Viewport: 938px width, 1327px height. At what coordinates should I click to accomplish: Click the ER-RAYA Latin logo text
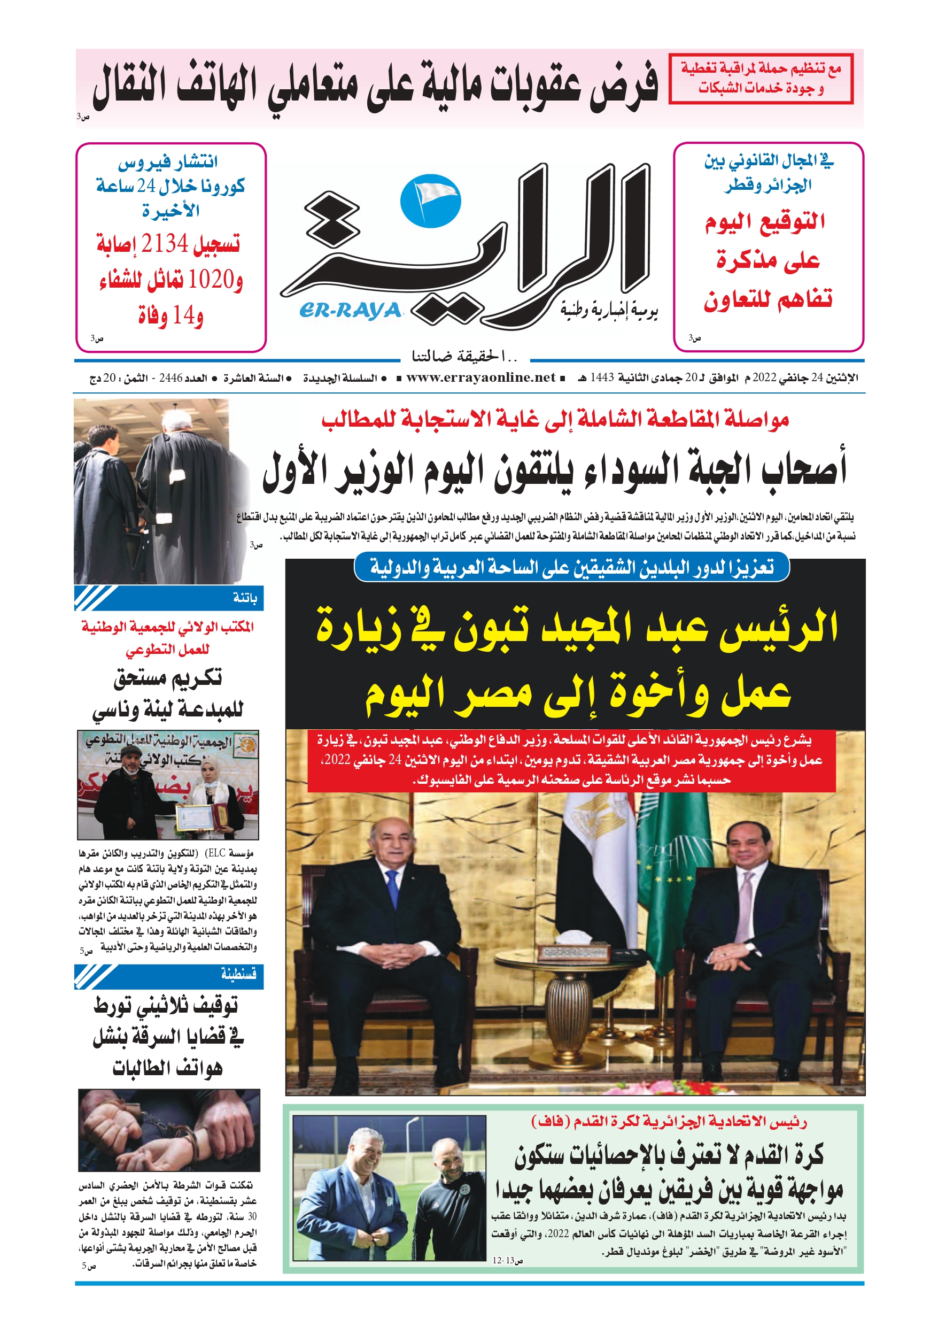[x=350, y=311]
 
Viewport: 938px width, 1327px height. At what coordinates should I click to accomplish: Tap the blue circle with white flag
[x=431, y=200]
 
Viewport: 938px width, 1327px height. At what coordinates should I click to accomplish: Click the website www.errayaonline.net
[x=480, y=378]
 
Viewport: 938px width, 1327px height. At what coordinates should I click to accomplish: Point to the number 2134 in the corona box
[x=165, y=244]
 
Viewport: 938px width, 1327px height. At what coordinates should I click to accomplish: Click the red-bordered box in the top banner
[x=761, y=79]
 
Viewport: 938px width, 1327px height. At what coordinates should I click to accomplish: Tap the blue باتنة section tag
[x=169, y=598]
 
